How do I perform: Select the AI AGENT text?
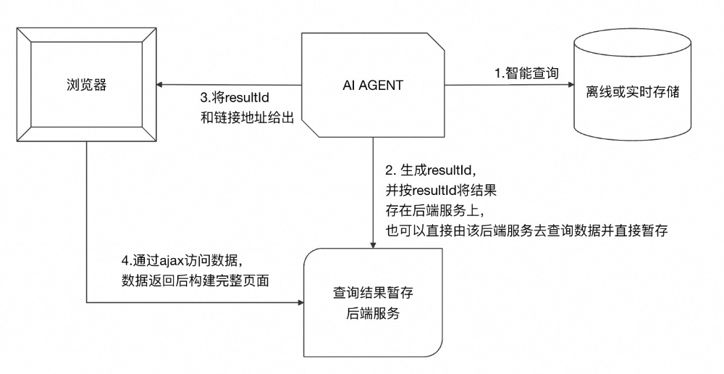tap(373, 85)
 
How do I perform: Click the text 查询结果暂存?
tap(373, 294)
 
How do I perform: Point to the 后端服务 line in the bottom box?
tap(373, 315)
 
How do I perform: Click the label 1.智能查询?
tap(526, 73)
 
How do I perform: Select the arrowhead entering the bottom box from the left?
tap(299, 301)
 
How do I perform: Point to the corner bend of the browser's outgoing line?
tap(87, 301)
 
